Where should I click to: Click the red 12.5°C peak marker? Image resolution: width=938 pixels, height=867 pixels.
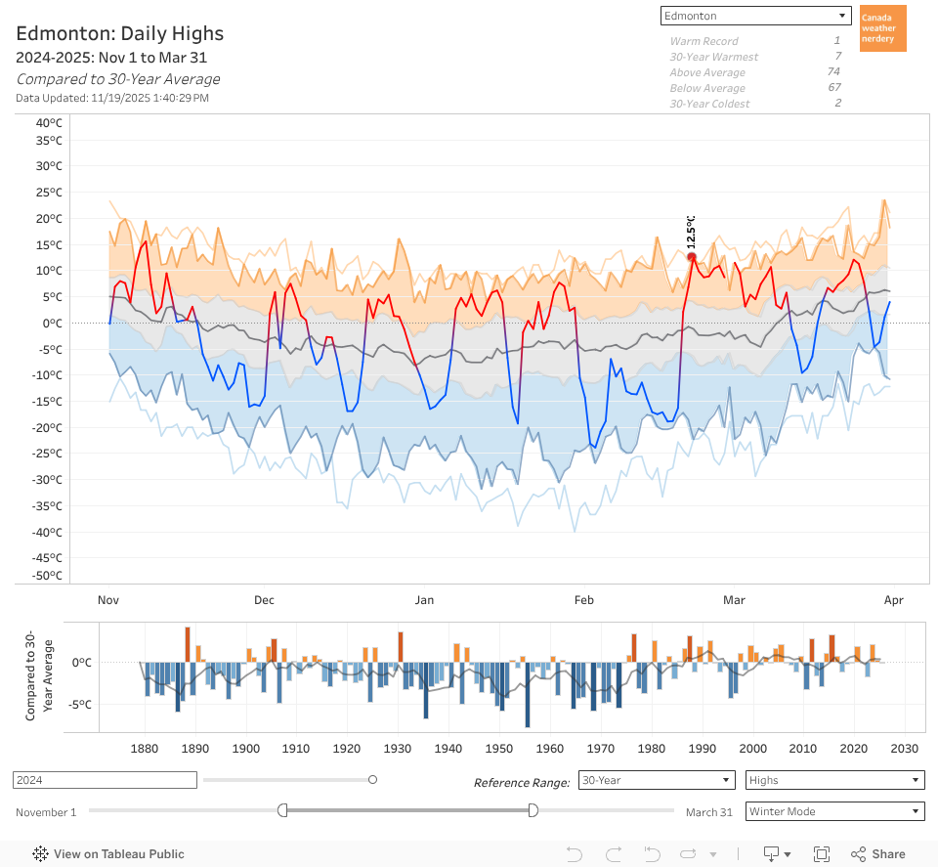(692, 257)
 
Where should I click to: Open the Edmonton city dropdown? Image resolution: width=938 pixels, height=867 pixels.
(755, 16)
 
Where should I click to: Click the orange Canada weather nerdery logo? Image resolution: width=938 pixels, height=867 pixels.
(883, 28)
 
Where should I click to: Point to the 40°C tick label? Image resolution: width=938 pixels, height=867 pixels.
(49, 122)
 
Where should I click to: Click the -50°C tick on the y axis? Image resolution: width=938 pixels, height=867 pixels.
(47, 575)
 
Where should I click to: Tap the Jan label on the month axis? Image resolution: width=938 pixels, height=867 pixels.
(424, 600)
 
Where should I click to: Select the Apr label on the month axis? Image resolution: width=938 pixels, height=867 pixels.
(891, 600)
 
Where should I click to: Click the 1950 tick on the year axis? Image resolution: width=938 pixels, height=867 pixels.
(499, 749)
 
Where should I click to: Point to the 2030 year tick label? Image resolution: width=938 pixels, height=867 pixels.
(906, 749)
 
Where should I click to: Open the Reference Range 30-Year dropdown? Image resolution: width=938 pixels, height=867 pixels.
(656, 780)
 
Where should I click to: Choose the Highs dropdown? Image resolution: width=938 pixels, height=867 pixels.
(834, 780)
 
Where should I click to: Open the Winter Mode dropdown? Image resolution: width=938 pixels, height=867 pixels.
(834, 811)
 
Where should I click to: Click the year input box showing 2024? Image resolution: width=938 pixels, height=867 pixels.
(105, 780)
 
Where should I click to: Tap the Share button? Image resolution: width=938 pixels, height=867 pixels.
(877, 853)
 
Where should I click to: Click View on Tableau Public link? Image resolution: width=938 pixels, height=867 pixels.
(108, 853)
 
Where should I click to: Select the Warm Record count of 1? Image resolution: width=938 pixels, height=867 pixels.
(836, 41)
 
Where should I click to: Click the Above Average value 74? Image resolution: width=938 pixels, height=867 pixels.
(833, 72)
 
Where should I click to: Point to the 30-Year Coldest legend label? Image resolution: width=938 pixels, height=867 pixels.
(709, 104)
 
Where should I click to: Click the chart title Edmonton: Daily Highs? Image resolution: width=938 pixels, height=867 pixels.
(120, 33)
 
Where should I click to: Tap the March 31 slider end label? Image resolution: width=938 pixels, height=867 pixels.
(708, 812)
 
